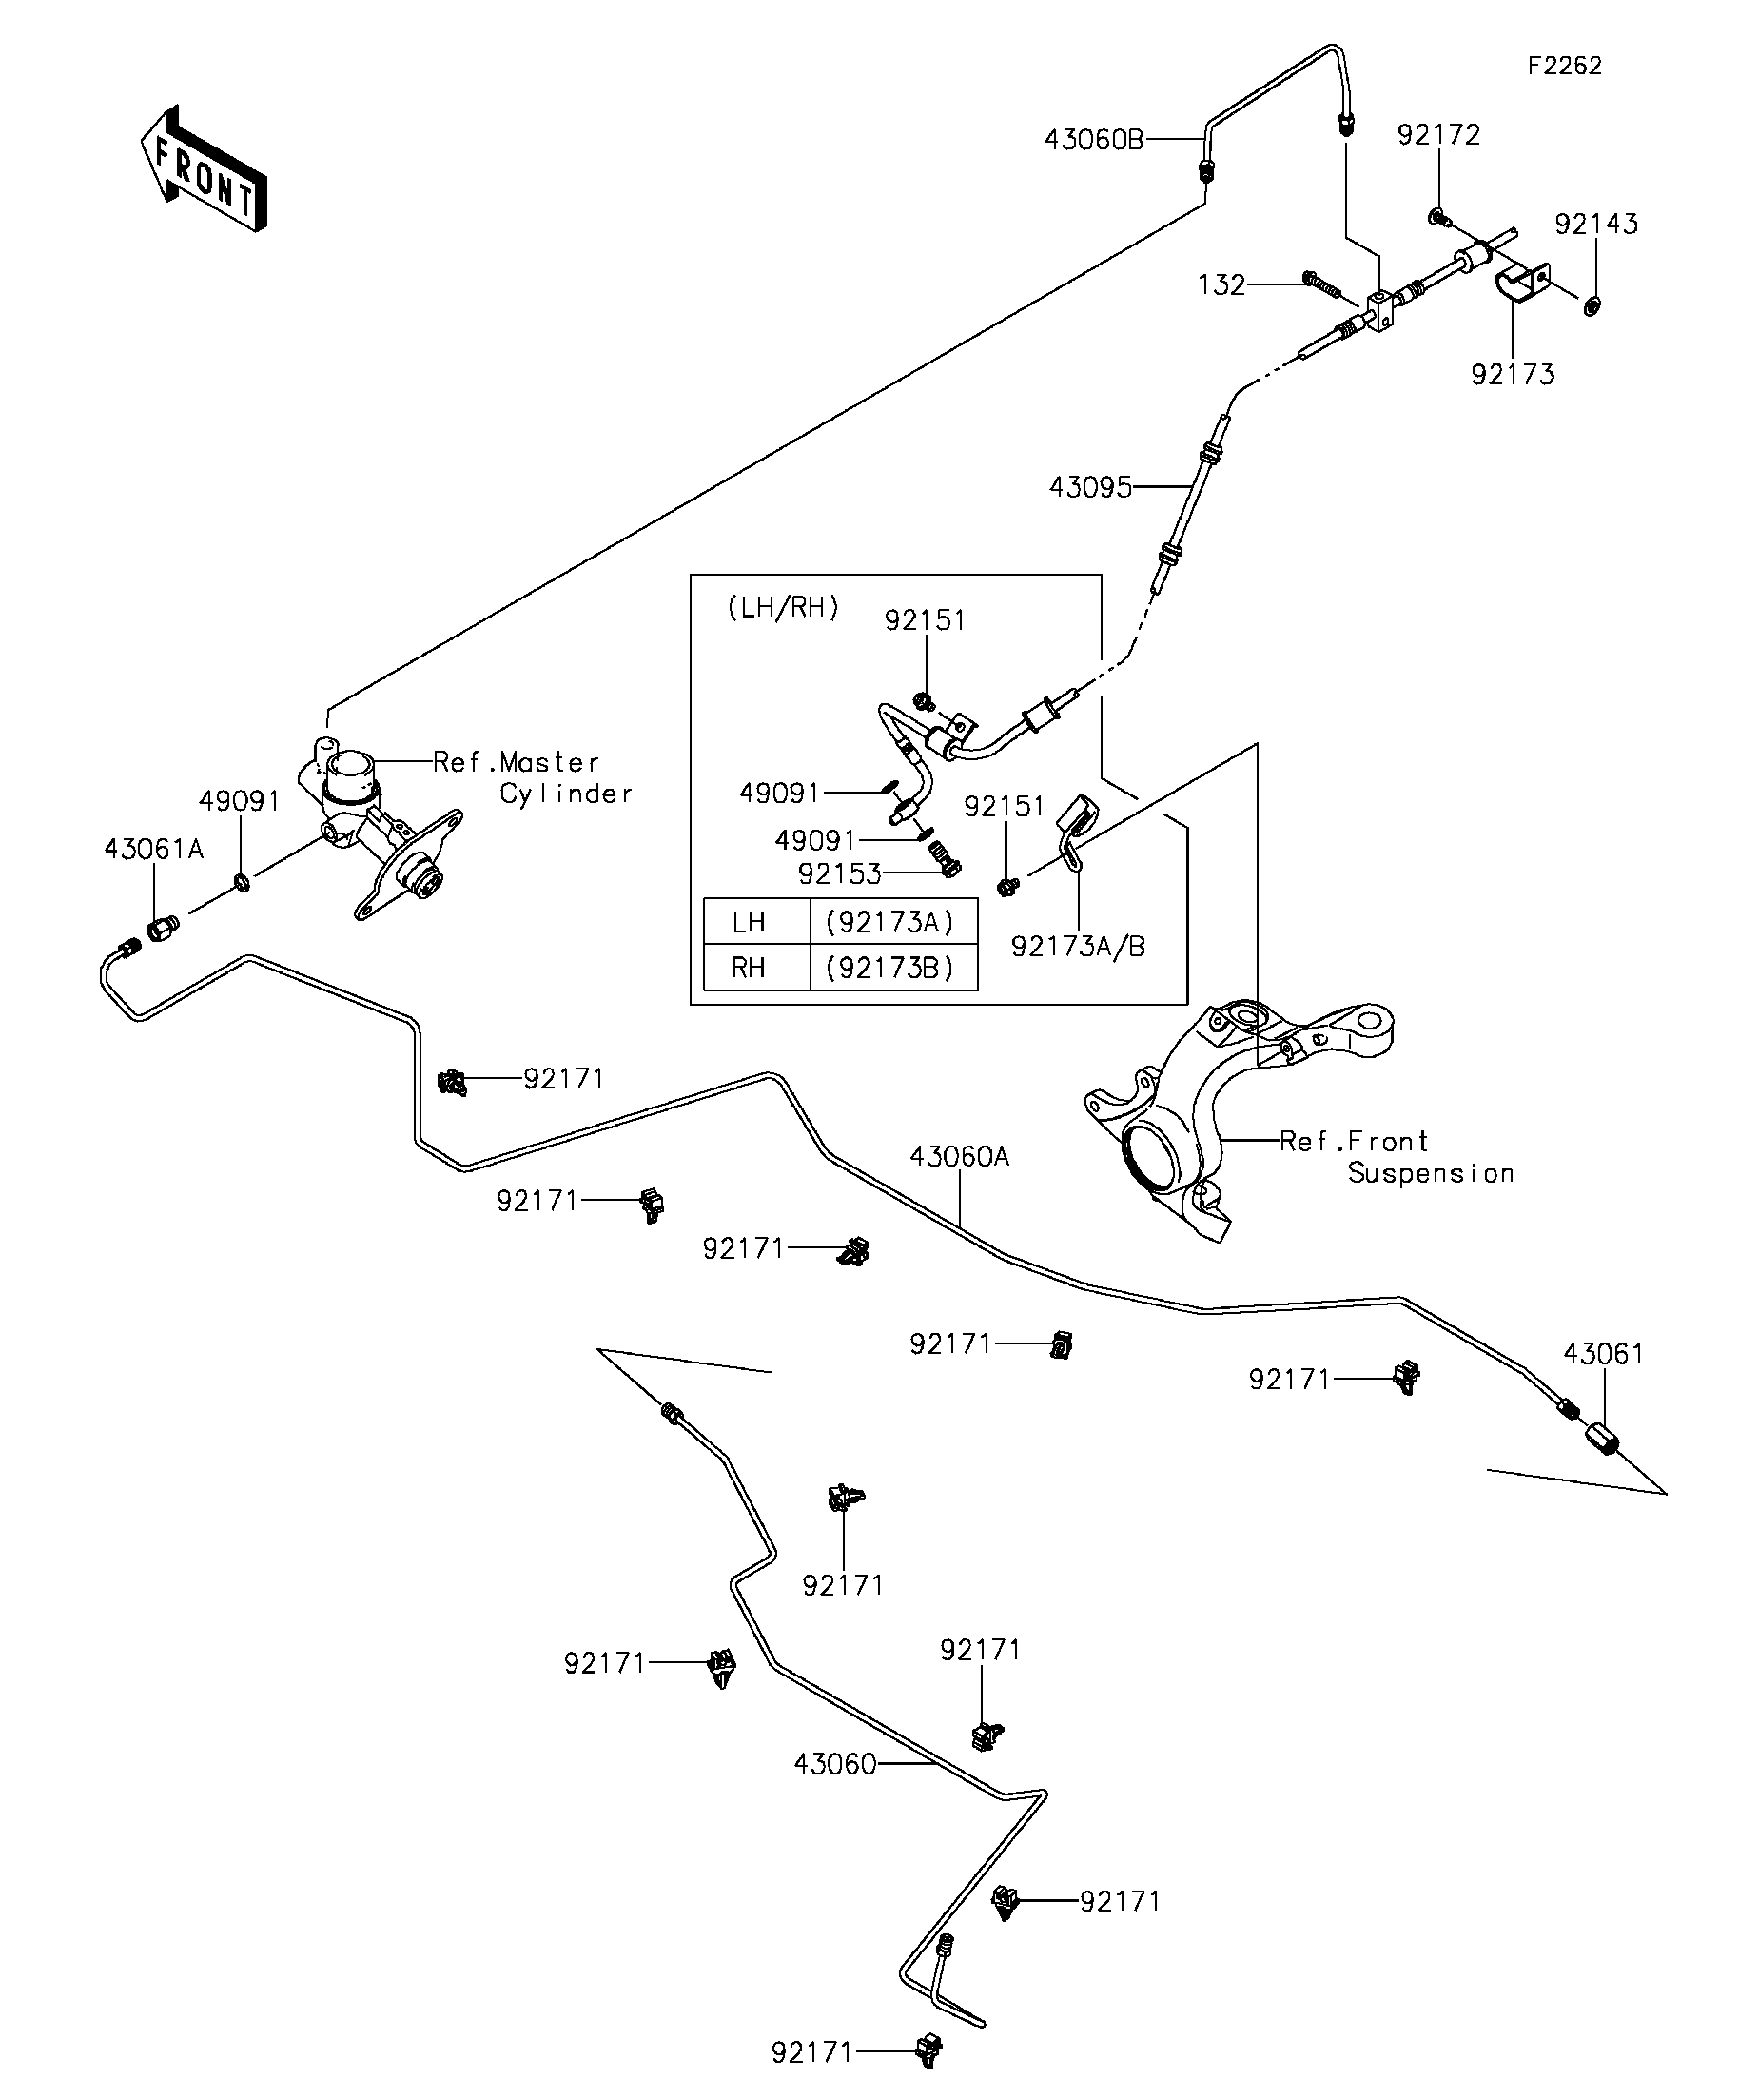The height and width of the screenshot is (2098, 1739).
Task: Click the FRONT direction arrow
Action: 204,168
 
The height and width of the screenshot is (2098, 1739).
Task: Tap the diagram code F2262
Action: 1564,66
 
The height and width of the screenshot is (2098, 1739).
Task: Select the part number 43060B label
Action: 1094,139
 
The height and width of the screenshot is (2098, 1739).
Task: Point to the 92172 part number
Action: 1438,135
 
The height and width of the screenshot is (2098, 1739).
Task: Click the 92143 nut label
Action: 1596,224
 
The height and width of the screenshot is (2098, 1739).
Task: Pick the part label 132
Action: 1221,285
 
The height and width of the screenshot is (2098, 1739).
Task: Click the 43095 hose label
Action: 1090,487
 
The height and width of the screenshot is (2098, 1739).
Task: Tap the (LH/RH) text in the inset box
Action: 782,607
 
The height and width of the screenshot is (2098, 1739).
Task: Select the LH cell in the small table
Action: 749,922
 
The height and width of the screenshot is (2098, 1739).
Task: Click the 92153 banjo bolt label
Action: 839,874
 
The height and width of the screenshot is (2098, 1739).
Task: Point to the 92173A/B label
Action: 1078,946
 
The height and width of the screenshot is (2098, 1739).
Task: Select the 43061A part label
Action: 154,849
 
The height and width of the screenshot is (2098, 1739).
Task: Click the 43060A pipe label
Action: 959,1157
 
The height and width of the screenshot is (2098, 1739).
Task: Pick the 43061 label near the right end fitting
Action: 1603,1354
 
